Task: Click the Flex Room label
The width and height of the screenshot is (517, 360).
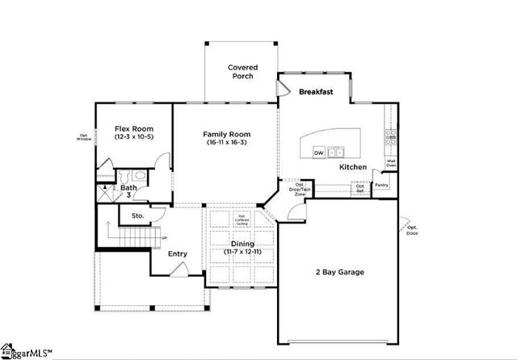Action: pyautogui.click(x=133, y=129)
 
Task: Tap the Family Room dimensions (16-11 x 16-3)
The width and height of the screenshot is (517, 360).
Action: pyautogui.click(x=226, y=143)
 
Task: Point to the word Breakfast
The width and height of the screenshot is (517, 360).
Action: pyautogui.click(x=316, y=92)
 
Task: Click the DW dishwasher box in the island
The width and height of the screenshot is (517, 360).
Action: pyautogui.click(x=319, y=152)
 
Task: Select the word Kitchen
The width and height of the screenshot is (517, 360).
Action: pyautogui.click(x=353, y=167)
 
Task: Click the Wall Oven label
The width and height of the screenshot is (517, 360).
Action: pyautogui.click(x=391, y=163)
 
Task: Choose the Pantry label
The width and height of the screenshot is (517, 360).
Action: pyautogui.click(x=381, y=186)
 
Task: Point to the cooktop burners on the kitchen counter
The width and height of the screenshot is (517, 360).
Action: pyautogui.click(x=390, y=137)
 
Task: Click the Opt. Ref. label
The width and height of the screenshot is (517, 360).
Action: pyautogui.click(x=360, y=187)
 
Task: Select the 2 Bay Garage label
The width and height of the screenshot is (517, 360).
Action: pyautogui.click(x=339, y=272)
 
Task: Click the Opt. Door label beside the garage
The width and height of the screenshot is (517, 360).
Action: pyautogui.click(x=413, y=229)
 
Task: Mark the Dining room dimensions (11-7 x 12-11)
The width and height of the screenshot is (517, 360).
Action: pyautogui.click(x=242, y=252)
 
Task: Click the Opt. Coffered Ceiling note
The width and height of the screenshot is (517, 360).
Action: pyautogui.click(x=242, y=220)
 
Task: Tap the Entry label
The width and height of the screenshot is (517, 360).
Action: pyautogui.click(x=178, y=254)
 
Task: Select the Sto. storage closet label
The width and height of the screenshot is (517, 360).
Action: pyautogui.click(x=137, y=216)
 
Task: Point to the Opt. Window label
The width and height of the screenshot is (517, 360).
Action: pyautogui.click(x=84, y=137)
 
